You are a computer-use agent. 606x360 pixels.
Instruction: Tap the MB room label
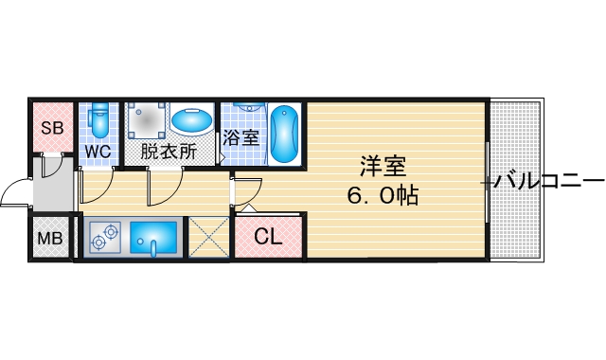click(49, 238)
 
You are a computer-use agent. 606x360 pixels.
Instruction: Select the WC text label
click(98, 152)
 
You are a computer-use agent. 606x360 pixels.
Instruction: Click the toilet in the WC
click(98, 121)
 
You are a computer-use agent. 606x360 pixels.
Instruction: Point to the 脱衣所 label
click(169, 152)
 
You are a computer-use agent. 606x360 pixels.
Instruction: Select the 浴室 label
click(241, 137)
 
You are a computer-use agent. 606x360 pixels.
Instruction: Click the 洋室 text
click(383, 167)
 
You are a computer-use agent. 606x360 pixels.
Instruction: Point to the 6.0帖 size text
click(383, 196)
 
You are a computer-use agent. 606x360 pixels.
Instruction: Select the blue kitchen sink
click(153, 238)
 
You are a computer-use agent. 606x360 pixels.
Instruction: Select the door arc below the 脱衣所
click(164, 187)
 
